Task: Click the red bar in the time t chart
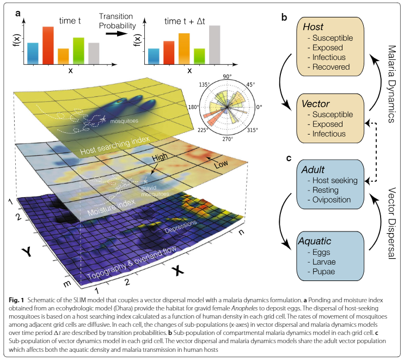(48, 45)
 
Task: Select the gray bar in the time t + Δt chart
(215, 45)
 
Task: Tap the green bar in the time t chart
(78, 51)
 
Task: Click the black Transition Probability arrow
(117, 34)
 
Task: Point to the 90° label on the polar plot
(227, 76)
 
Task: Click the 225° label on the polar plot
(203, 130)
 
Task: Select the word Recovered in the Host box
(331, 67)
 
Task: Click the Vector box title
(315, 104)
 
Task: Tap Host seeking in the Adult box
(335, 180)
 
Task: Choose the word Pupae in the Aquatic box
(323, 272)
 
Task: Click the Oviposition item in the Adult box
(332, 200)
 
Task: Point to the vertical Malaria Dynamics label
(391, 84)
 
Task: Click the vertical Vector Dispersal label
(391, 223)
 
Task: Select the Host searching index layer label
(115, 145)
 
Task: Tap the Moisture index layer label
(111, 208)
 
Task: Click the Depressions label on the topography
(181, 227)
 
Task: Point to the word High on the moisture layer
(160, 157)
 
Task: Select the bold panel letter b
(284, 17)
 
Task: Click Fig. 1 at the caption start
(16, 300)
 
